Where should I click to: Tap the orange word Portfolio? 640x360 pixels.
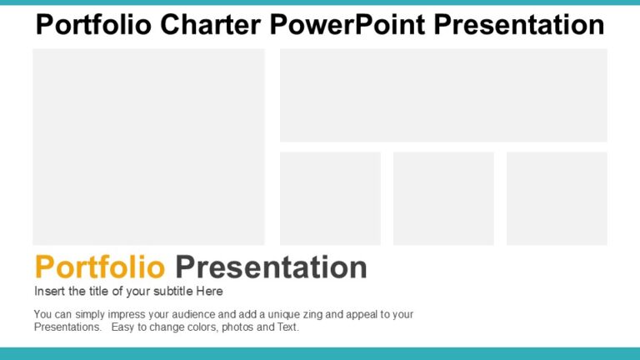(100, 267)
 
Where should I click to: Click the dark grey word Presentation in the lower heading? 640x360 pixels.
(271, 267)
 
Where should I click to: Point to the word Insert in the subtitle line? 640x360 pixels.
(49, 292)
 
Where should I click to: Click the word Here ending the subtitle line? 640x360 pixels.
(208, 292)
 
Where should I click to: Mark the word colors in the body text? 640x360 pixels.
(202, 327)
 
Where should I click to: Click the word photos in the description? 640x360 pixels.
(240, 327)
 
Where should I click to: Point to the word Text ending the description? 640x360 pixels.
(287, 327)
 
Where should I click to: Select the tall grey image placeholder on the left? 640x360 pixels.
(148, 147)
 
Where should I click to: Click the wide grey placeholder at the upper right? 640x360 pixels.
(443, 95)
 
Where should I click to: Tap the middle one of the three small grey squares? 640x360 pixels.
(443, 198)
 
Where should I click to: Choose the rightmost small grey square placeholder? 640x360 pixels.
(557, 198)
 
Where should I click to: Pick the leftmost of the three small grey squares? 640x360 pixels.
(330, 198)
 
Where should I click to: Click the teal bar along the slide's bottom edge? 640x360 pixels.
(320, 354)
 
